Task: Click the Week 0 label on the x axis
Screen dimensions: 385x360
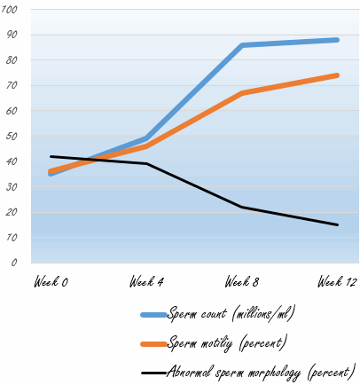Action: point(51,282)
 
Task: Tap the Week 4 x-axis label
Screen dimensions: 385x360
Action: point(145,282)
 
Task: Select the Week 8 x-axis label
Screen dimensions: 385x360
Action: point(241,282)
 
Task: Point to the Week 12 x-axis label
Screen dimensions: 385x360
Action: point(336,282)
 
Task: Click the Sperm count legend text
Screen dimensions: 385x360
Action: point(239,314)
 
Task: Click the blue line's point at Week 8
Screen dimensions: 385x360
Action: point(242,45)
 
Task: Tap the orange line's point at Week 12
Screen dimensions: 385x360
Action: point(337,75)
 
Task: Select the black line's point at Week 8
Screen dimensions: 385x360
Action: point(242,207)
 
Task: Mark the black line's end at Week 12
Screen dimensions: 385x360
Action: point(337,224)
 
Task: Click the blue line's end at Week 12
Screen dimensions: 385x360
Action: point(337,40)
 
